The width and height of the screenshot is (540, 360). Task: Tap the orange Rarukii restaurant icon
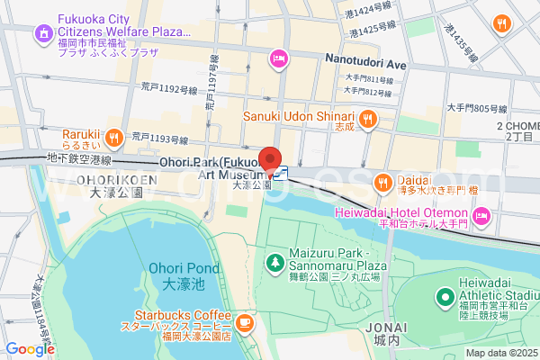[113, 138]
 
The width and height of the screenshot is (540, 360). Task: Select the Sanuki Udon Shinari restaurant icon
[367, 118]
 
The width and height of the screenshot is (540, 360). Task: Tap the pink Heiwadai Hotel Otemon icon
[481, 215]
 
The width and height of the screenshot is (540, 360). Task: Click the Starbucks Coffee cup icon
[245, 322]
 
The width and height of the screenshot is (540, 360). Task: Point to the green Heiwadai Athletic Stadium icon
[445, 296]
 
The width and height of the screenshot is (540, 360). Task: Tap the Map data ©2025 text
[499, 353]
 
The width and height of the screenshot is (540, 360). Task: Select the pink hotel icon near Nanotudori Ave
[278, 59]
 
